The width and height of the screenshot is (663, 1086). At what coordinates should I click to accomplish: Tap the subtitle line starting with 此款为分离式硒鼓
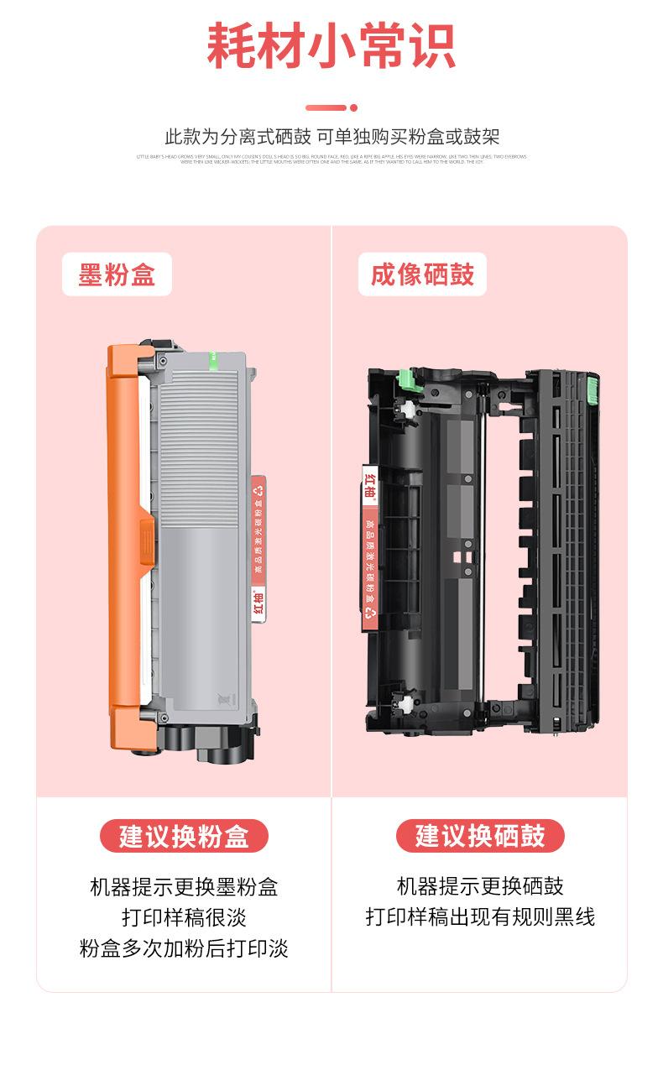pos(331,137)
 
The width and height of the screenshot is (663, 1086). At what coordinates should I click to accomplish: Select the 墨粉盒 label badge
pos(117,274)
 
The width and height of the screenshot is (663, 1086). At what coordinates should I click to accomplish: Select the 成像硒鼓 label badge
pos(422,274)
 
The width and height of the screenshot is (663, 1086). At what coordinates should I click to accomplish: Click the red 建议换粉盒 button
pos(184,836)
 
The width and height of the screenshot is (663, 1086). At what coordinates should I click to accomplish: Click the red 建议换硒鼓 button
pos(480,836)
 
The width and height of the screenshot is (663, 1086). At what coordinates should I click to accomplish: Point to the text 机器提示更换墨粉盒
pos(184,886)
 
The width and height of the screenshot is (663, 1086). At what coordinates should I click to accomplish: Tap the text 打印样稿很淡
pos(184,917)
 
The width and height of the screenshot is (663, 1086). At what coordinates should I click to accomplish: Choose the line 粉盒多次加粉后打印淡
pos(184,948)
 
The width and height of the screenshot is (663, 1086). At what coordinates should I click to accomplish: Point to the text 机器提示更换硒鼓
pos(480,886)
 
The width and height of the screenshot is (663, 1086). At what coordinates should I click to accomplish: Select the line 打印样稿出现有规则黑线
pos(480,917)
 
